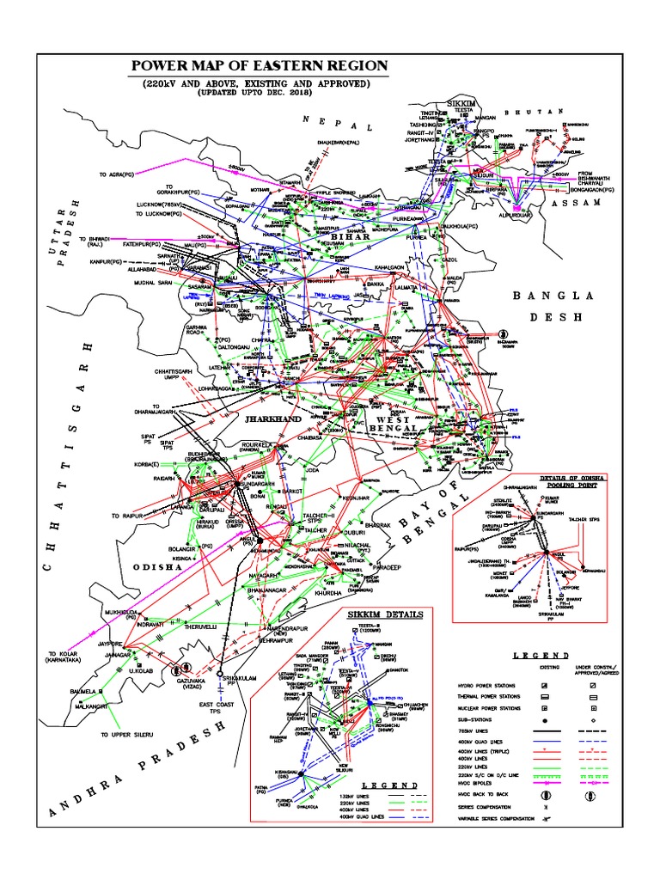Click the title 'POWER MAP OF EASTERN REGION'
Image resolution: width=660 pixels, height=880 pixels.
[258, 66]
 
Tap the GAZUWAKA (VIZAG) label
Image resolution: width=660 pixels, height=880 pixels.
[193, 681]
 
